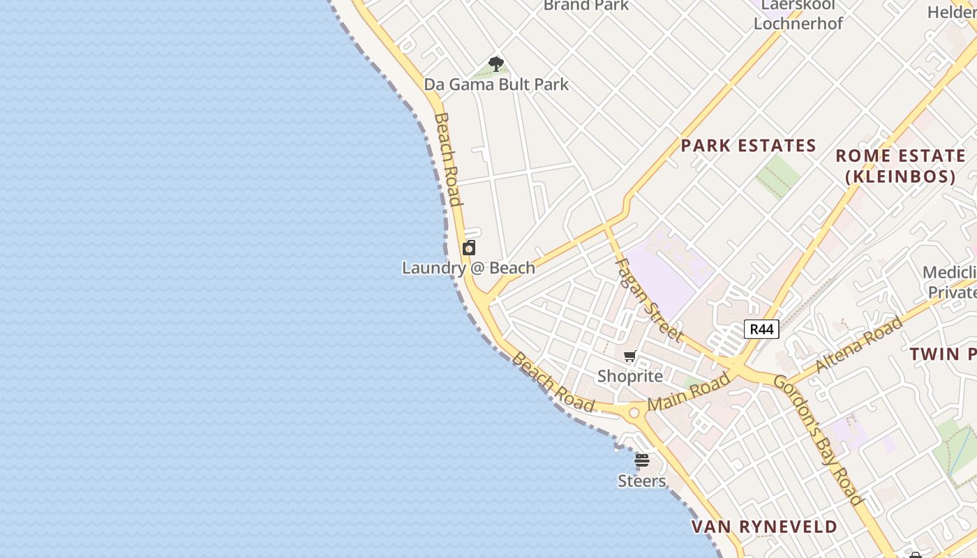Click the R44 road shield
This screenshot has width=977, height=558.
tap(761, 329)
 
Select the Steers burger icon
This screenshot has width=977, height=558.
tap(642, 460)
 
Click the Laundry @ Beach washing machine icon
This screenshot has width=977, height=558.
tap(469, 248)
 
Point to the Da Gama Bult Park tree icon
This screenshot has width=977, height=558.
tap(496, 65)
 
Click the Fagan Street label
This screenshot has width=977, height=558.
tap(648, 301)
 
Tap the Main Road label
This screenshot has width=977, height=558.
tap(688, 392)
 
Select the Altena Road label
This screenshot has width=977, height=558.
tap(858, 343)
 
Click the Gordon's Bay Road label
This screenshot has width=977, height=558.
tap(819, 440)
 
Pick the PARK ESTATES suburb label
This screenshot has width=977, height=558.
tap(748, 146)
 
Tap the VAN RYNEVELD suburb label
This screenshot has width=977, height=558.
tap(764, 527)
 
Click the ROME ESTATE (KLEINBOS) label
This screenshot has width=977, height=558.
tap(900, 166)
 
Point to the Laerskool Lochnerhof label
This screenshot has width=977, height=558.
tap(798, 15)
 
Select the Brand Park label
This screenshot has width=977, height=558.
tap(586, 6)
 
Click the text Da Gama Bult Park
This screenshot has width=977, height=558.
tap(496, 84)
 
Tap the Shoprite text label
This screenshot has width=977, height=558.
tap(630, 377)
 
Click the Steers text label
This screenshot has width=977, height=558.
tap(642, 481)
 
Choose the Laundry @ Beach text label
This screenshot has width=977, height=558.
tap(468, 268)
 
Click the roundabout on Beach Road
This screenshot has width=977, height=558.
tap(634, 413)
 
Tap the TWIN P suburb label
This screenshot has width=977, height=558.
tap(942, 354)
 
